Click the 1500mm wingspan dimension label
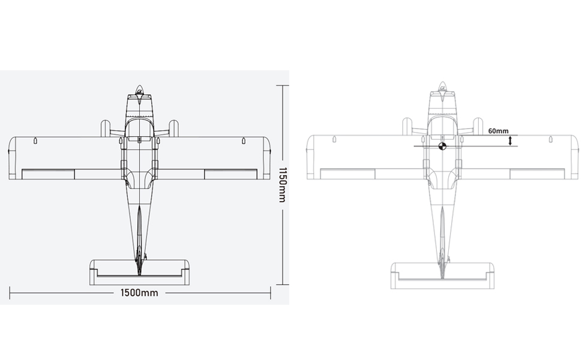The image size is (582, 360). coord(139,293)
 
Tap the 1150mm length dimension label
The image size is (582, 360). coord(283,184)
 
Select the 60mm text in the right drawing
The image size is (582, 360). coord(498,131)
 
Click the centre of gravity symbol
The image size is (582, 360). coord(442,146)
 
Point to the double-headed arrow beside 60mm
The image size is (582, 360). coord(510,140)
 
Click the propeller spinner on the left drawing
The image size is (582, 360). coord(139,89)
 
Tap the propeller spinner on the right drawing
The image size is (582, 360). coord(442,86)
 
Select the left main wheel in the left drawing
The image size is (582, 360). coord(105,128)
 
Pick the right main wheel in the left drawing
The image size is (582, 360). coord(173,128)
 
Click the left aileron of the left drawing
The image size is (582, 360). coord(48,174)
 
